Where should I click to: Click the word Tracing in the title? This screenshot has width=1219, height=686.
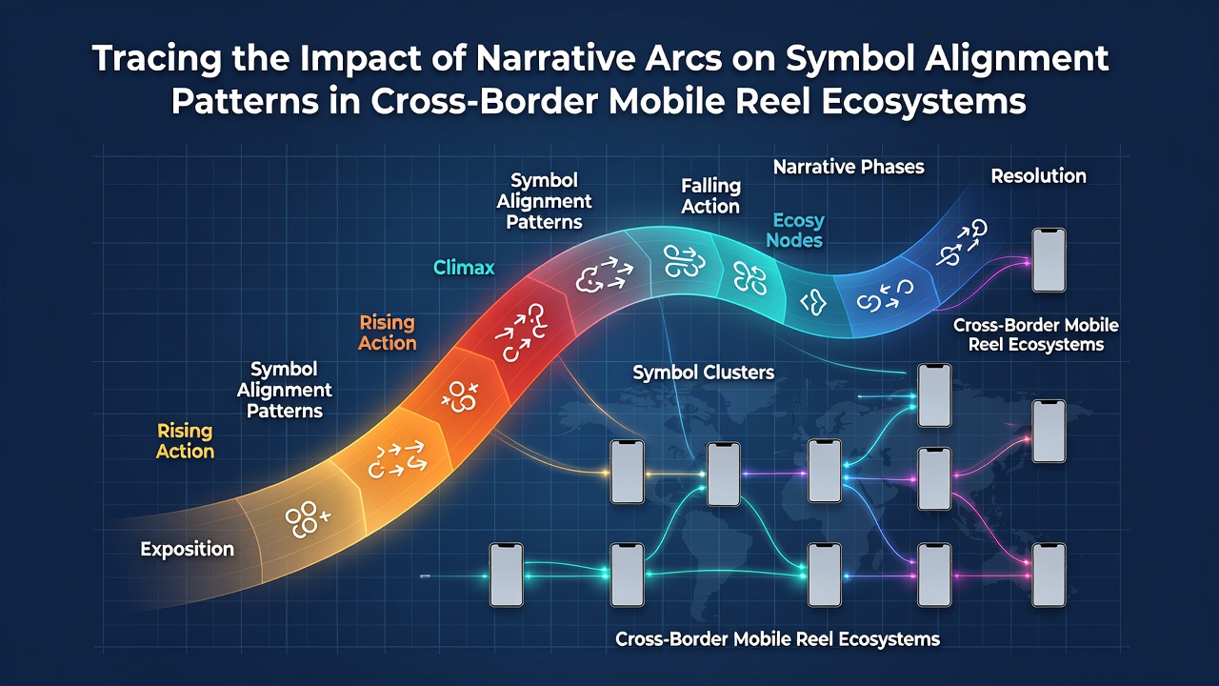click(x=157, y=59)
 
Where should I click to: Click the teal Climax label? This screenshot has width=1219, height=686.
click(x=464, y=268)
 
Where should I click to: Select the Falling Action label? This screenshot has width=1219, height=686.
click(x=710, y=196)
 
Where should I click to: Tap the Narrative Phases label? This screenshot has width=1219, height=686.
click(x=849, y=167)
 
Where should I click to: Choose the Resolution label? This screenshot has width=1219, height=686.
click(x=1038, y=176)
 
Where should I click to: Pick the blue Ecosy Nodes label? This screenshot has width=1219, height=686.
click(x=795, y=231)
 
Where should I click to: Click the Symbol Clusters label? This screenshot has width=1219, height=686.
click(x=703, y=373)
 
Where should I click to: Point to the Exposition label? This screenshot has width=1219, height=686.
click(x=188, y=549)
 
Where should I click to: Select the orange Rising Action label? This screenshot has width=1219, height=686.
click(x=387, y=333)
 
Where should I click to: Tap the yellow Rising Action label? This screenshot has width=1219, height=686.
click(x=185, y=441)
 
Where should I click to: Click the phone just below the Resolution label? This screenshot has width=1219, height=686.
click(x=1049, y=260)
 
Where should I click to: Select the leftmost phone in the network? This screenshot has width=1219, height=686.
click(x=506, y=575)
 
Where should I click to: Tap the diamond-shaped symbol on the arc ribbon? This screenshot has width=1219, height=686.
click(x=813, y=302)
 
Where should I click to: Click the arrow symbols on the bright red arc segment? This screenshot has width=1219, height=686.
click(x=520, y=333)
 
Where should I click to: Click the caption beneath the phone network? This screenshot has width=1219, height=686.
click(x=777, y=638)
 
